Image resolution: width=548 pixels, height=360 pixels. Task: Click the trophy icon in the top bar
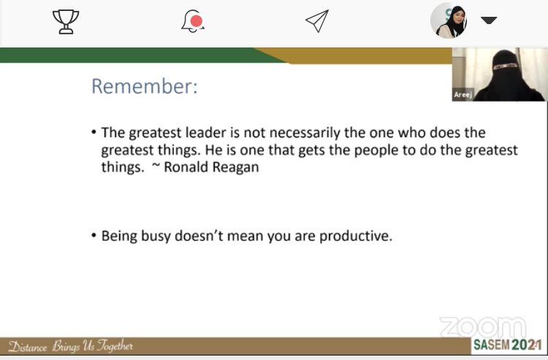point(66,22)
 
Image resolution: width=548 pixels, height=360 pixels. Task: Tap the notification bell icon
point(193,21)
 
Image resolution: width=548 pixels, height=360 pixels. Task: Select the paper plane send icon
point(316,21)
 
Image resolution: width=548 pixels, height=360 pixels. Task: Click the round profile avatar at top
point(449,20)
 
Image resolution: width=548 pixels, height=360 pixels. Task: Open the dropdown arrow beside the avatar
point(489,20)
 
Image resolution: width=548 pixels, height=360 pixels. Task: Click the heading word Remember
point(144,87)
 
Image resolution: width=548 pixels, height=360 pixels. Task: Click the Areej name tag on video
point(463,95)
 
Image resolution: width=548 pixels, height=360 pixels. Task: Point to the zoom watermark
point(482,327)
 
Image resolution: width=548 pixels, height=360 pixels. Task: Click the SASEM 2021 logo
point(505,345)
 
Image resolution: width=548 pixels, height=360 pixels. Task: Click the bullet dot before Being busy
point(94,236)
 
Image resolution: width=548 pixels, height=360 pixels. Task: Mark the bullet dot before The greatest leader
point(94,132)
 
